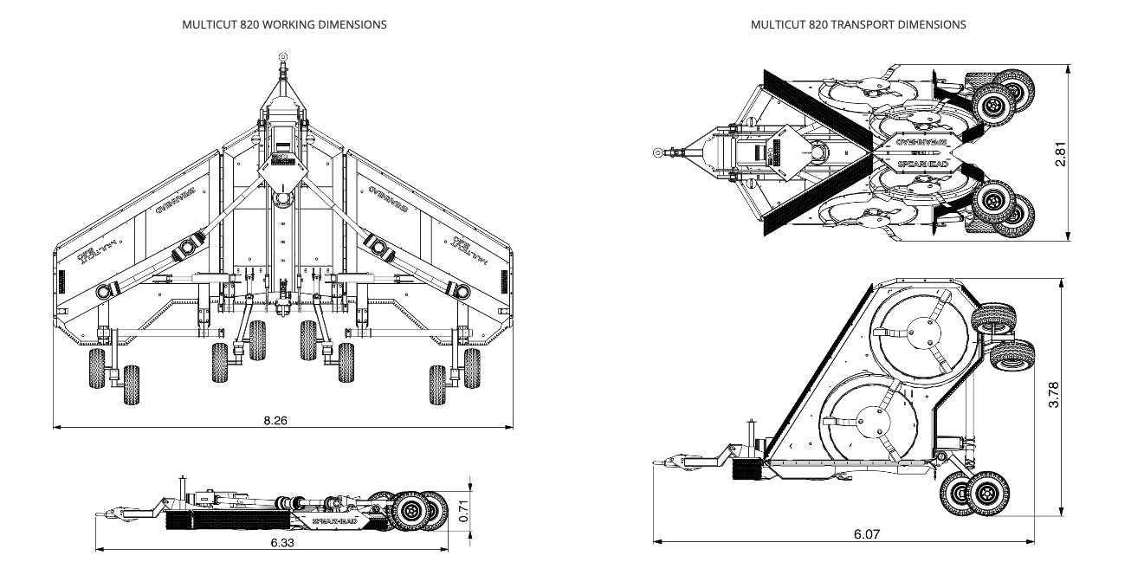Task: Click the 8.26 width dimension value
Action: click(275, 420)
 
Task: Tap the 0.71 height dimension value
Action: click(463, 512)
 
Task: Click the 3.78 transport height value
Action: click(1054, 397)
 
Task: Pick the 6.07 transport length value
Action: click(866, 534)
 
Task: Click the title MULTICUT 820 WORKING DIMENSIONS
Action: click(284, 24)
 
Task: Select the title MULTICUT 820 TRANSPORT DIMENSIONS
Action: click(858, 24)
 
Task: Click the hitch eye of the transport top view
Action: click(660, 153)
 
